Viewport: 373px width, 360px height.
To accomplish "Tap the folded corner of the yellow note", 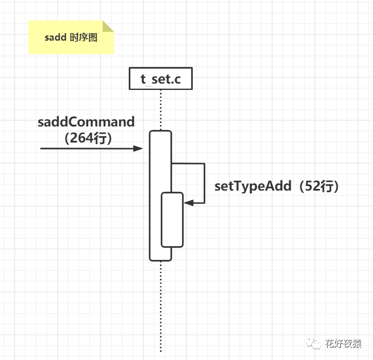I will click(108, 26).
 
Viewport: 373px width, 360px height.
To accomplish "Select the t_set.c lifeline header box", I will click(160, 79).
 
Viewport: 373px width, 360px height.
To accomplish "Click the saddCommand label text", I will click(86, 122).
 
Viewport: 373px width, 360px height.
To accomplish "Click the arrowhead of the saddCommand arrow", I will click(138, 148).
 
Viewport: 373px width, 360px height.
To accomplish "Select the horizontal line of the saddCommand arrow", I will click(86, 148).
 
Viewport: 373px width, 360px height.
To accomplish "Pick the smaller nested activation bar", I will click(172, 220).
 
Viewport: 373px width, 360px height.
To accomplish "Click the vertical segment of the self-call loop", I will click(204, 183).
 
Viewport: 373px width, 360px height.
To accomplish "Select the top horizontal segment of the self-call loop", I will click(188, 164).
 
